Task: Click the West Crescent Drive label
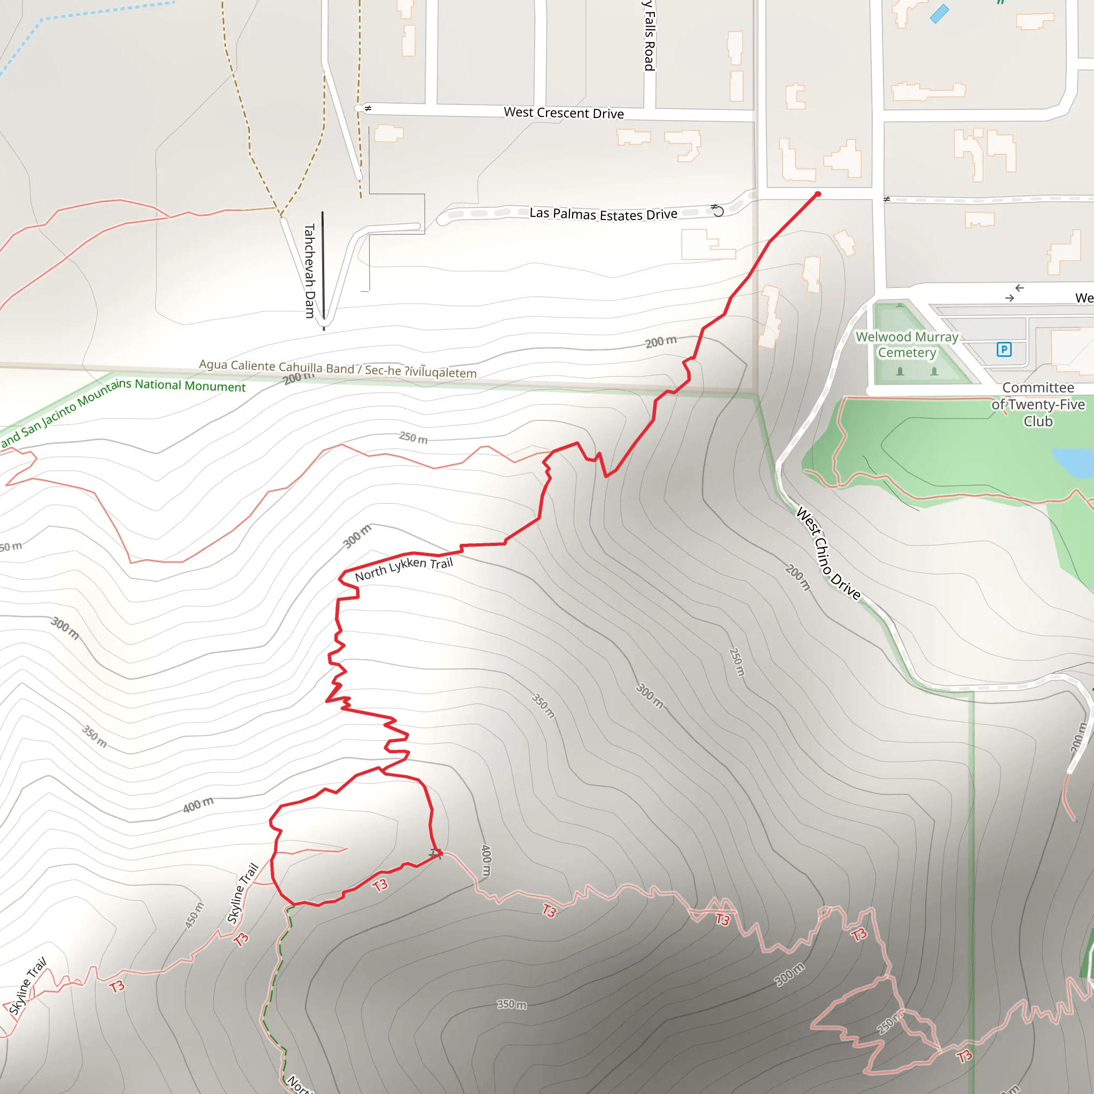point(564,113)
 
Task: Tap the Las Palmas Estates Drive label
point(603,214)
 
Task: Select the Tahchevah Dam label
point(309,271)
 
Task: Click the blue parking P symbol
point(1003,349)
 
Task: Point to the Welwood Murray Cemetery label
point(907,345)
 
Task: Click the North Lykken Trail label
point(404,568)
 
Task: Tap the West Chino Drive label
point(828,554)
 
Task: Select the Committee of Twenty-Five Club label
point(1037,404)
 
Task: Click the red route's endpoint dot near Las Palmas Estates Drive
point(818,194)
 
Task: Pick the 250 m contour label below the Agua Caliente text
point(413,437)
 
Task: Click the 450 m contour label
point(194,915)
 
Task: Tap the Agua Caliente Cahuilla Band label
point(338,368)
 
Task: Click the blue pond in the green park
point(1073,462)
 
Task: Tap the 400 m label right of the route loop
point(486,860)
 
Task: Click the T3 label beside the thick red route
point(380,885)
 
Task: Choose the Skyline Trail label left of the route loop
point(243,894)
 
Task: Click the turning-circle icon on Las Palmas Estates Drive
point(717,210)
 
